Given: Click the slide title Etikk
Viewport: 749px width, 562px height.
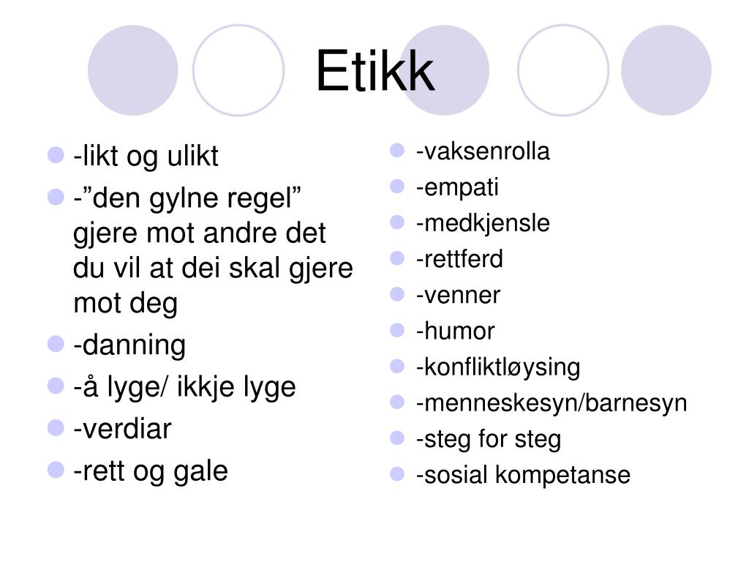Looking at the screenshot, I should (x=374, y=72).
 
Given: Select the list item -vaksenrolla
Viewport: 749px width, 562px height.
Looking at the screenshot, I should (x=483, y=151).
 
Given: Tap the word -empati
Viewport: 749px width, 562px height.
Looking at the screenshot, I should (x=457, y=187).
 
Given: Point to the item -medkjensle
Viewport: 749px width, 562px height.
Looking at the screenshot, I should (x=483, y=223).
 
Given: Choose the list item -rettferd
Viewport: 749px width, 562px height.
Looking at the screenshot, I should (x=459, y=259).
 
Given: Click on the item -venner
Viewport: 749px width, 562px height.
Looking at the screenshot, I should (x=458, y=295).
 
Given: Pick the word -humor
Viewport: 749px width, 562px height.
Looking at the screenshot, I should (x=455, y=331).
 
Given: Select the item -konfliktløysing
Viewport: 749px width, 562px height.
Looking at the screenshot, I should (x=497, y=367).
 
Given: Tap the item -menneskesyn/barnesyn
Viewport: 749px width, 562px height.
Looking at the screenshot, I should (x=552, y=402).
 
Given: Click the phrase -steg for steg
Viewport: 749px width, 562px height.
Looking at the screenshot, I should (x=489, y=439).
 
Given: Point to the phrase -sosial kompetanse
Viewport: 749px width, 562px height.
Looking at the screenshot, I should (x=523, y=475).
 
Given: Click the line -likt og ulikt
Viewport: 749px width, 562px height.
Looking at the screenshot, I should (x=146, y=157).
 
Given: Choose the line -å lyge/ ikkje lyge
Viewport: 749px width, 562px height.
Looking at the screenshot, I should (x=184, y=386).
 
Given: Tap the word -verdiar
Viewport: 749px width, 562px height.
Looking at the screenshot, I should (x=122, y=429).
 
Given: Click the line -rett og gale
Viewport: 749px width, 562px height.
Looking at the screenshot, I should (x=151, y=471).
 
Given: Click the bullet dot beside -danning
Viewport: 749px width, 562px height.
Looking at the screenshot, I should (x=56, y=344).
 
